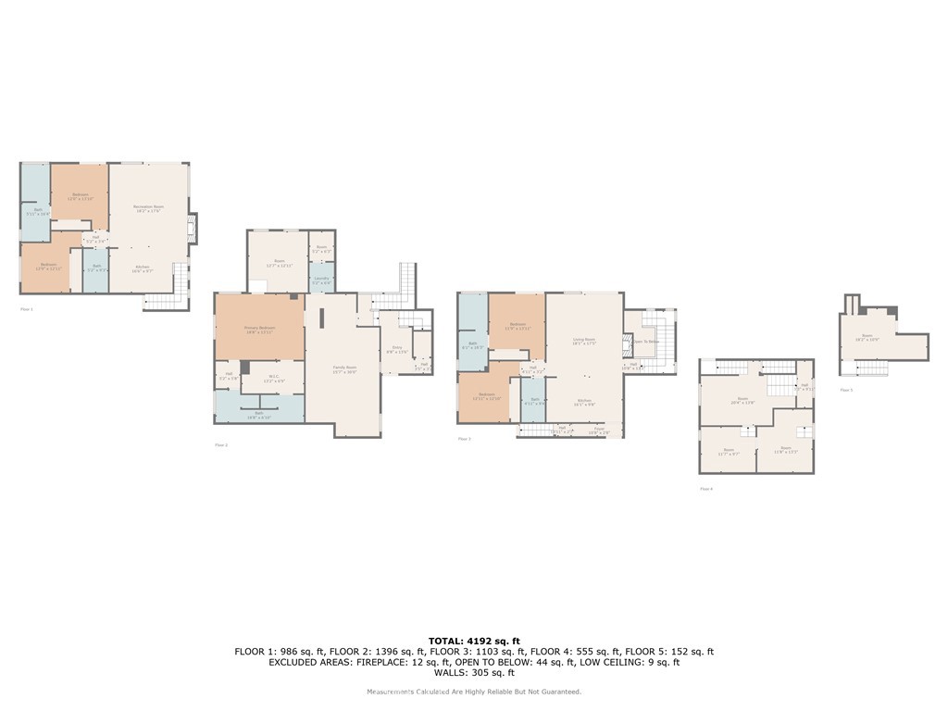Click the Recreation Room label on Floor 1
tap(147, 208)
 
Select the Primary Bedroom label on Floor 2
tap(259, 330)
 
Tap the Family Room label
tap(344, 368)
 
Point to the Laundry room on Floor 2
tap(321, 280)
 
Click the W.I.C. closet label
tap(260, 379)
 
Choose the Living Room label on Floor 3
tap(582, 342)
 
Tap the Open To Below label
tap(645, 342)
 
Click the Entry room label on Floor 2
tap(395, 351)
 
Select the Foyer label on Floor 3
tap(600, 430)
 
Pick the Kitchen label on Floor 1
tap(143, 268)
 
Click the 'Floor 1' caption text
tap(27, 308)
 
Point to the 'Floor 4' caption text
tap(706, 488)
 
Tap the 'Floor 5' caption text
tap(846, 390)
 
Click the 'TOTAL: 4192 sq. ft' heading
tap(474, 641)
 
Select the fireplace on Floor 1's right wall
tap(192, 229)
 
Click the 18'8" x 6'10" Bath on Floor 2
tap(259, 414)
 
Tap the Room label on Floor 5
tap(867, 338)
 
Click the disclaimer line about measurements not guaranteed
tap(474, 692)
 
